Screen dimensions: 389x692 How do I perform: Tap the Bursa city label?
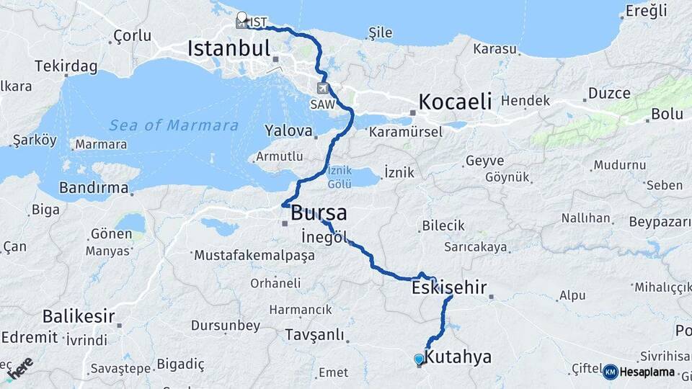tap(319, 213)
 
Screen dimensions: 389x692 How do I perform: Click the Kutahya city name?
tap(458, 357)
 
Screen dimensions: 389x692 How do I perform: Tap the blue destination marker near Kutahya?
tap(419, 359)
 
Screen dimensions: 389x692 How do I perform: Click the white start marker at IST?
tap(241, 18)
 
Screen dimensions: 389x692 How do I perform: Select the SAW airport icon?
tap(321, 89)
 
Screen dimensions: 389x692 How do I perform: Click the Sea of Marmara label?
tap(174, 125)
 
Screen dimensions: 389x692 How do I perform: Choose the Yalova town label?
tap(289, 132)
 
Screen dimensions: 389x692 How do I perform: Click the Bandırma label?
tap(94, 189)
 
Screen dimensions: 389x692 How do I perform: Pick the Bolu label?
tap(667, 114)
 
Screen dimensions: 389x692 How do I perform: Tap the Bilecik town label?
tap(443, 225)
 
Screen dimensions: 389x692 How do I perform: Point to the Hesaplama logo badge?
tap(639, 372)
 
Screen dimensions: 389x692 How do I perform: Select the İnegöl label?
tap(324, 237)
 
